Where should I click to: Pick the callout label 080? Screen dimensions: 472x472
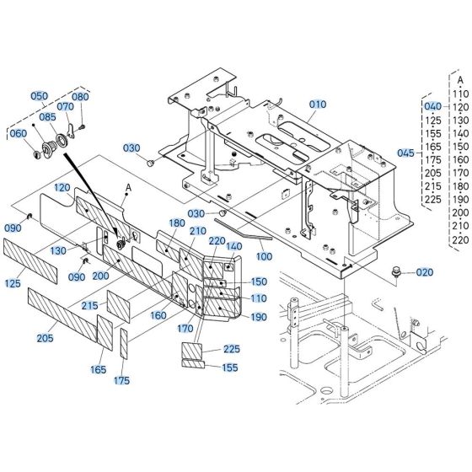(x=80, y=96)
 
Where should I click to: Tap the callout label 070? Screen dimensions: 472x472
(x=65, y=106)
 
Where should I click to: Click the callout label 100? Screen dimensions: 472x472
(x=264, y=256)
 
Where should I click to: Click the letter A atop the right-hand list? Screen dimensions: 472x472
(x=460, y=80)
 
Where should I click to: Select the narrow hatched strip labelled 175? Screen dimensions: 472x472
(x=124, y=345)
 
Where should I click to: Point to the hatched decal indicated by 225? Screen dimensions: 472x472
(x=194, y=350)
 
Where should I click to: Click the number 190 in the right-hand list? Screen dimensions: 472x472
(x=460, y=199)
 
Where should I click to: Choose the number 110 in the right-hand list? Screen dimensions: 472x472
(x=460, y=94)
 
